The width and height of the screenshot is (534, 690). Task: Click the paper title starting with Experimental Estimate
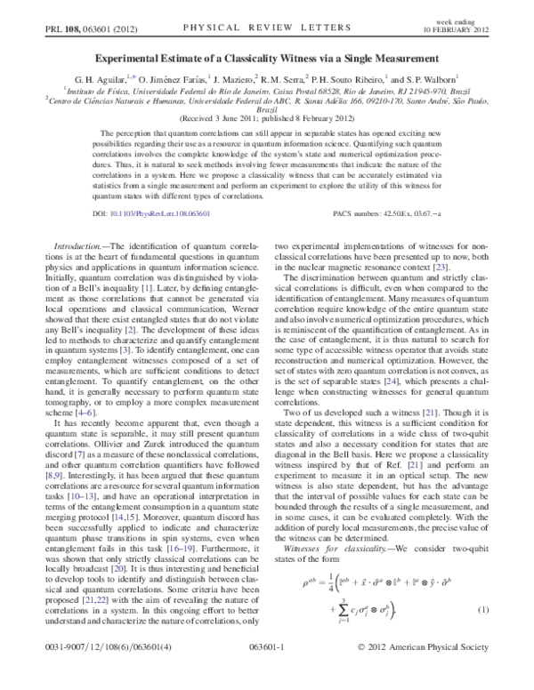click(267, 55)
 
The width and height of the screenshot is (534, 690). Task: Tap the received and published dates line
click(267, 116)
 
